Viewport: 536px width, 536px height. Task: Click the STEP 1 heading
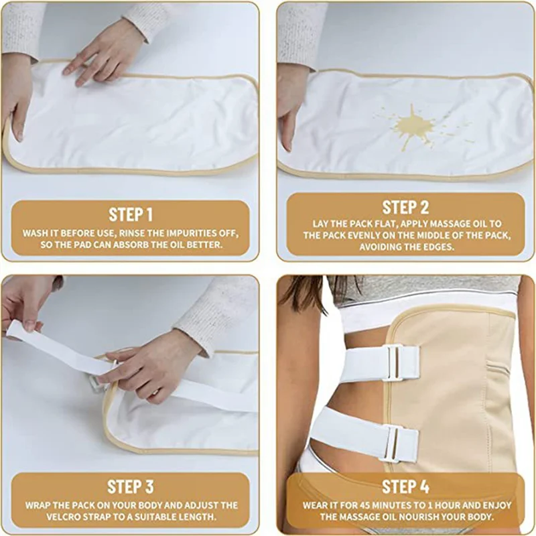pos(131,214)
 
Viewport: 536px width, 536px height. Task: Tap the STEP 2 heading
pos(405,206)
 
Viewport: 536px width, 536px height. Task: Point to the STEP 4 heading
pos(405,486)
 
